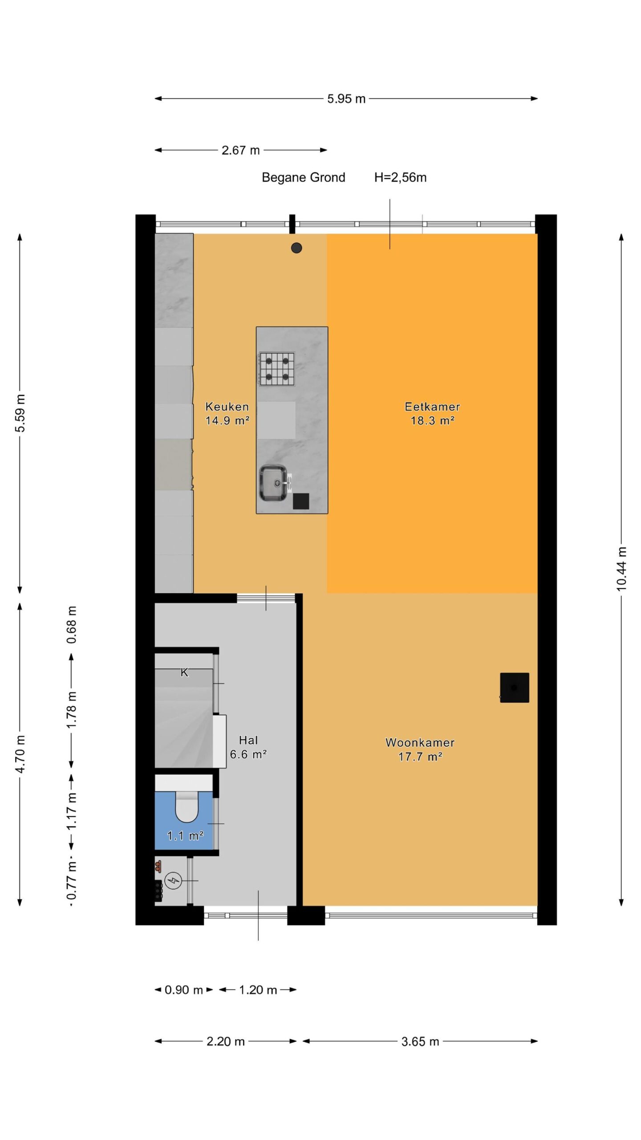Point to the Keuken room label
(227, 406)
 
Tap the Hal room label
(248, 740)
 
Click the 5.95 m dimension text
(346, 98)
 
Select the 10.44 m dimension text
(621, 569)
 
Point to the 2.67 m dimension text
(241, 150)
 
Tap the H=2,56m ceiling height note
(400, 177)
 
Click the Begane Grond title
(304, 177)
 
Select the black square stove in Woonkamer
(515, 688)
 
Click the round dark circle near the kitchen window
(296, 248)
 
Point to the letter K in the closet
(184, 673)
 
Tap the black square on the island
(301, 501)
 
